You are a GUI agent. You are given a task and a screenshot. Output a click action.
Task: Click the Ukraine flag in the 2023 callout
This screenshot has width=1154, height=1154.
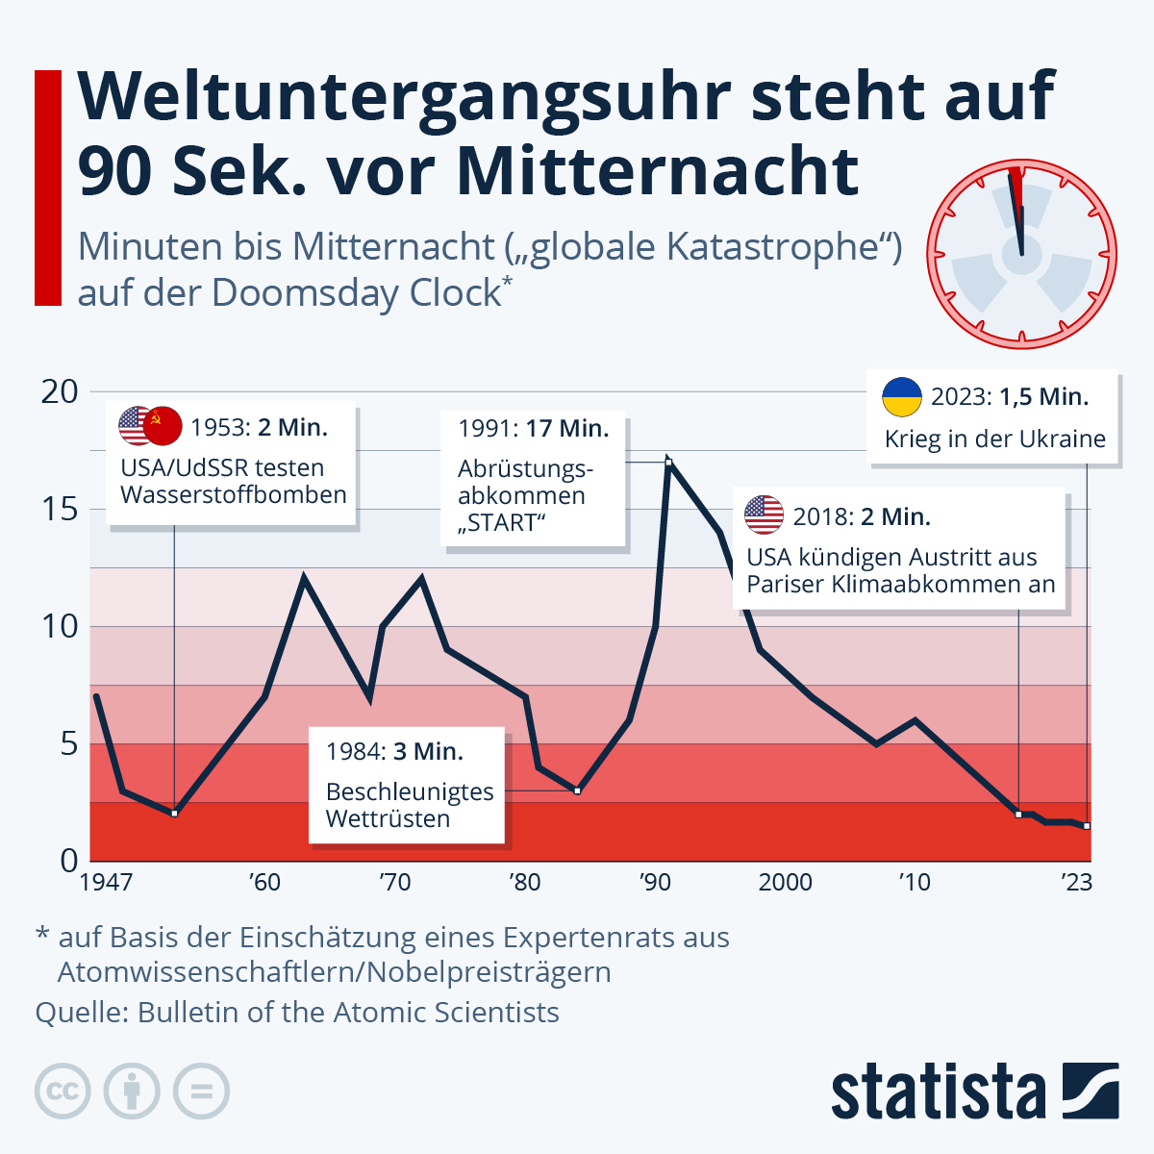point(902,397)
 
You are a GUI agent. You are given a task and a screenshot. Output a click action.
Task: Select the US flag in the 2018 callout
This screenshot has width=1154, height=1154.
point(765,515)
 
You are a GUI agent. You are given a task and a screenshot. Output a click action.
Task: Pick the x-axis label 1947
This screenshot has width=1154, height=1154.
point(106,882)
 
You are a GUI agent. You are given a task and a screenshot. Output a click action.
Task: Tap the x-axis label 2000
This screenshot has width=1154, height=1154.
point(786,882)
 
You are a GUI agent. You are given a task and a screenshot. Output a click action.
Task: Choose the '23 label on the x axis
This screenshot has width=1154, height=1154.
point(1076,882)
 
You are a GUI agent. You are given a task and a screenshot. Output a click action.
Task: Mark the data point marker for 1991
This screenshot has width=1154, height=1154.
point(668,463)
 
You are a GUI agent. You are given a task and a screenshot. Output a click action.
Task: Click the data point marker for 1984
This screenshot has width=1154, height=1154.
point(577,790)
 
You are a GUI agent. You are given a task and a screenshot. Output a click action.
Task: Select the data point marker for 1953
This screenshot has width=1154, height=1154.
point(174,814)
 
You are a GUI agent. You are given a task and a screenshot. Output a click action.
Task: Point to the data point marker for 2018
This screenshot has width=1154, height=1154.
point(1018,815)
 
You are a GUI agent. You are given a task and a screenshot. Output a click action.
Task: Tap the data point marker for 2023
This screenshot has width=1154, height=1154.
point(1087,826)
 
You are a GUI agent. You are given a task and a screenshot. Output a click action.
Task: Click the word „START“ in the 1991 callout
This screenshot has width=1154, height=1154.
point(502,523)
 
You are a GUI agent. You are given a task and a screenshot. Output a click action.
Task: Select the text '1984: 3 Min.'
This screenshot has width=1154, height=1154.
point(394,751)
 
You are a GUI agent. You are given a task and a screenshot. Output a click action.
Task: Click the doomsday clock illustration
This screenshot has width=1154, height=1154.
point(1021,254)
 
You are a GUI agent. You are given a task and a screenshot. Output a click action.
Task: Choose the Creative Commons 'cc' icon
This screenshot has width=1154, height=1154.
point(63,1091)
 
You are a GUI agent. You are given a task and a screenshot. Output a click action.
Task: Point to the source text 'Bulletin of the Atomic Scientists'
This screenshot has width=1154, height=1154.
point(348,1013)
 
